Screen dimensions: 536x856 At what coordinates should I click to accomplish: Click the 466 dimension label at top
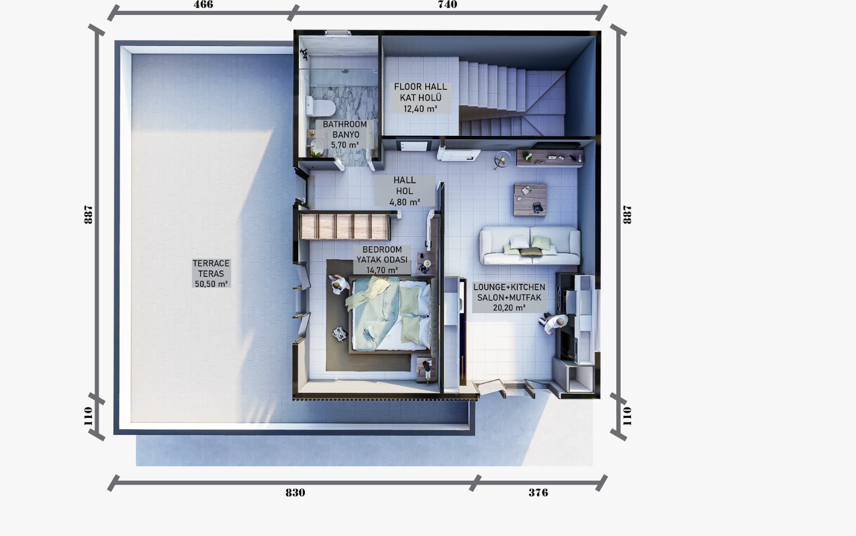click(203, 5)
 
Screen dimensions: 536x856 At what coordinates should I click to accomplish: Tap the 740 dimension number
click(447, 5)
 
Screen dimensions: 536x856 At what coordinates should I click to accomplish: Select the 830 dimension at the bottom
click(295, 493)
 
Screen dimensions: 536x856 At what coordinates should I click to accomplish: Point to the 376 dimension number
click(538, 493)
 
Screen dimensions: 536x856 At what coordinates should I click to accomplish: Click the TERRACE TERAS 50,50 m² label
click(211, 274)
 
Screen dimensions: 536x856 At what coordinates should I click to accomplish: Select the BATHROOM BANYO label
click(345, 135)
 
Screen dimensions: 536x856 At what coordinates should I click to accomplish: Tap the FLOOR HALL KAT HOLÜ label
click(421, 97)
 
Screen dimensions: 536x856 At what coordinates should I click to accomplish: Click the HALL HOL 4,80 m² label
click(404, 191)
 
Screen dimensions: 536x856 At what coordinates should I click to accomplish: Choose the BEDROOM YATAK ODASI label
click(382, 260)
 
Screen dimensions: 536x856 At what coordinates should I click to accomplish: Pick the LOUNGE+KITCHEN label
click(509, 297)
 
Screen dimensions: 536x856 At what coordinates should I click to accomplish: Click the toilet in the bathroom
click(322, 107)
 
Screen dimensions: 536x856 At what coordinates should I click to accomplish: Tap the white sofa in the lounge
click(530, 245)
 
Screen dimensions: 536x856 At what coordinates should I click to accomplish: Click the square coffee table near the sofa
click(530, 199)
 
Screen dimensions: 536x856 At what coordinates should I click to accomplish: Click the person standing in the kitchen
click(554, 323)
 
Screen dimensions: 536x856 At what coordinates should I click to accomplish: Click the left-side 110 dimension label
click(89, 416)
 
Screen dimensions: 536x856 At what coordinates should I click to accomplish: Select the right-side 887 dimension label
click(627, 214)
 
